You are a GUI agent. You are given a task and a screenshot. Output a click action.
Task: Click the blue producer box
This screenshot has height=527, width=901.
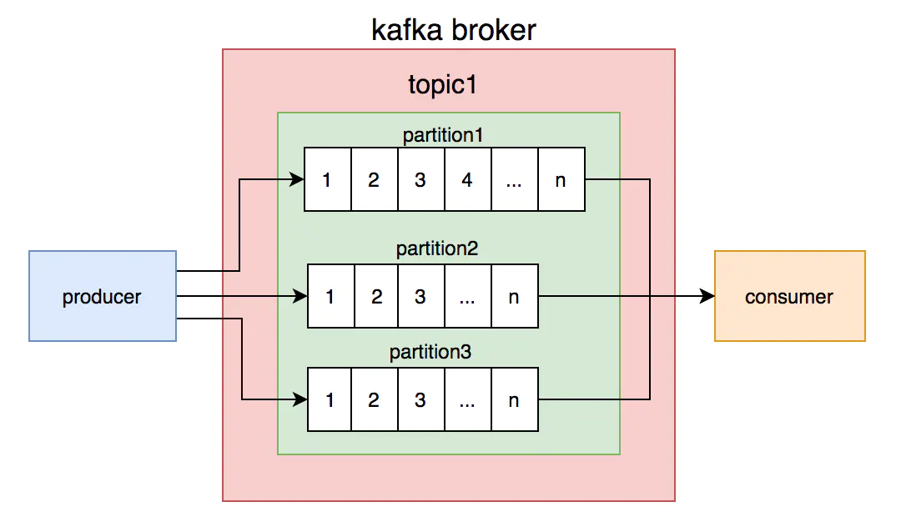click(102, 296)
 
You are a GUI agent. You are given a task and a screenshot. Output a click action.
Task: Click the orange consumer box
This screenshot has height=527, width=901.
click(789, 296)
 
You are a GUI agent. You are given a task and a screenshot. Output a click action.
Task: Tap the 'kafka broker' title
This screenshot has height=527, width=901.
click(453, 31)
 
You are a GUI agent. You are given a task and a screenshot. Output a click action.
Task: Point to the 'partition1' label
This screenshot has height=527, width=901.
click(443, 134)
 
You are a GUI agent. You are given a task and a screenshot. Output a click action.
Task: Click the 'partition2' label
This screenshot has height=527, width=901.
click(436, 248)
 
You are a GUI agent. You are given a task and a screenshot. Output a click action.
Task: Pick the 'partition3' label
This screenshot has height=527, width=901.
click(430, 352)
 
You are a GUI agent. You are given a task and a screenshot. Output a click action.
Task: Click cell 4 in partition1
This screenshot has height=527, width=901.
click(467, 179)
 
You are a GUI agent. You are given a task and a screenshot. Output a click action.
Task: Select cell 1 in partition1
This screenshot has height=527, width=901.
click(327, 179)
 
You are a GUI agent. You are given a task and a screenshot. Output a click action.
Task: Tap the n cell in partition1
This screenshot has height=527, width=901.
click(561, 179)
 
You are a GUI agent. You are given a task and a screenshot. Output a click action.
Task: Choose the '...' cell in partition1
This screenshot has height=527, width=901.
click(514, 179)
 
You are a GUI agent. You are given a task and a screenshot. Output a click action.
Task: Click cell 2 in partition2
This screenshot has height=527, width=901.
click(377, 296)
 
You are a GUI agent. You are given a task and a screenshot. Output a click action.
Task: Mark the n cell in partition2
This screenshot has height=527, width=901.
click(514, 296)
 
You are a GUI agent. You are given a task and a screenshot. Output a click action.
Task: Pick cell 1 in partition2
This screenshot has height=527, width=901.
click(331, 296)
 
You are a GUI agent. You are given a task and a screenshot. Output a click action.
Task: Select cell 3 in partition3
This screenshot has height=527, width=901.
click(420, 400)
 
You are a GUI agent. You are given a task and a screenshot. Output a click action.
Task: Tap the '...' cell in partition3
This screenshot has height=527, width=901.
click(467, 400)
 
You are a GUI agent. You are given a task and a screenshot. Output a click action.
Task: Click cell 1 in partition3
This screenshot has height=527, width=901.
click(331, 400)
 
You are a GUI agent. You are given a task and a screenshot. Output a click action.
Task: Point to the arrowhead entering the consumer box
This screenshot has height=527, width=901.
click(707, 296)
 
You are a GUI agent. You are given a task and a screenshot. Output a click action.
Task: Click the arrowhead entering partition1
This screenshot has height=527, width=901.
click(296, 179)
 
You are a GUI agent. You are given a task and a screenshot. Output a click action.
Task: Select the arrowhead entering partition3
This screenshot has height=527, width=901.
click(300, 400)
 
